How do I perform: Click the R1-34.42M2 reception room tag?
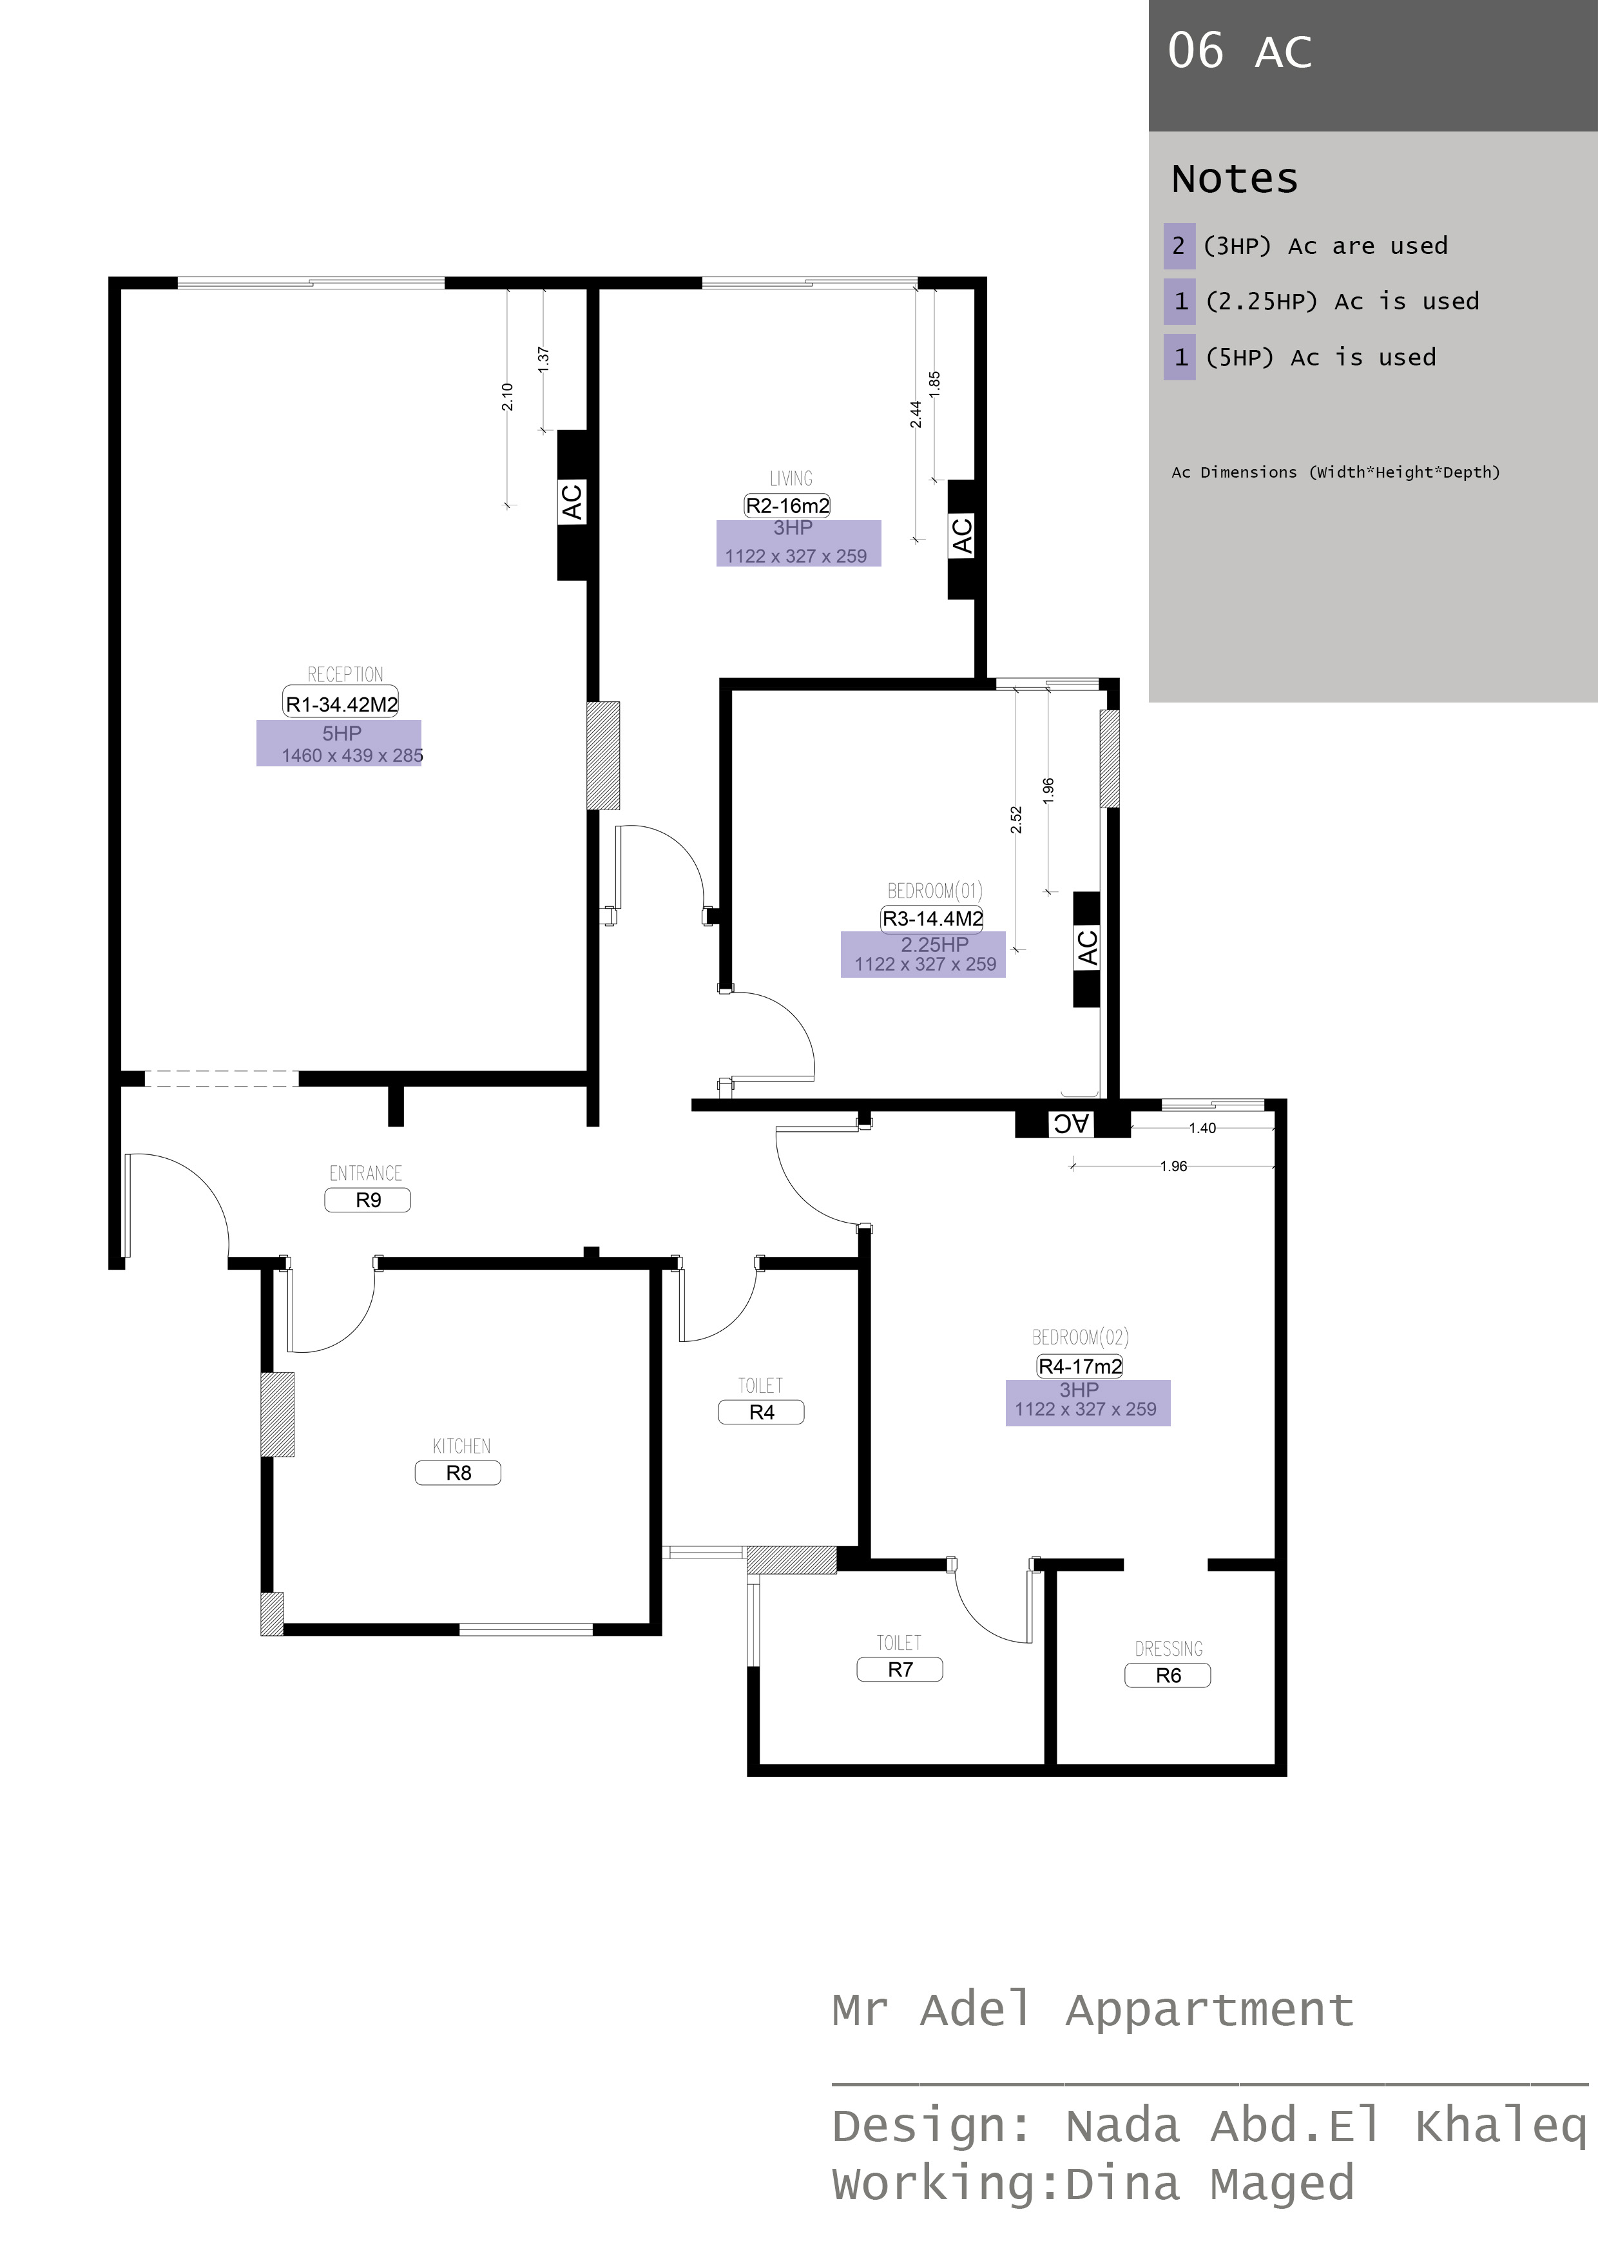[x=341, y=704]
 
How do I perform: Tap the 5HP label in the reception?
[x=342, y=733]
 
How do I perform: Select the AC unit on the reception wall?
[x=572, y=503]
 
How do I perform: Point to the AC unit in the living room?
[x=962, y=538]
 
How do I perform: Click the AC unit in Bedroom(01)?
[x=1086, y=948]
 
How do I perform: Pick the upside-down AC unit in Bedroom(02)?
[x=1072, y=1123]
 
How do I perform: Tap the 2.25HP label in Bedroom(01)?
[x=934, y=944]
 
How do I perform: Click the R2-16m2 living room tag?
[x=787, y=506]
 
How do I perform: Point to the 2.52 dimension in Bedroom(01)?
[x=1016, y=819]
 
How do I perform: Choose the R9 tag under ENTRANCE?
[x=367, y=1200]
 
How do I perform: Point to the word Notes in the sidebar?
[x=1235, y=179]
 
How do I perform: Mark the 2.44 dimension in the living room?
[x=916, y=414]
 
